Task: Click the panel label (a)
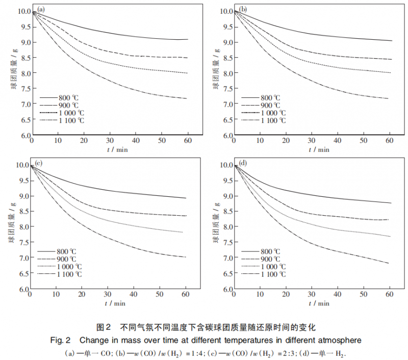tap(40, 10)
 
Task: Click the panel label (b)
tap(243, 10)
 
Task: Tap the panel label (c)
tap(38, 163)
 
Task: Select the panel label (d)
tap(243, 163)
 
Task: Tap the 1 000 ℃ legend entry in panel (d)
tap(273, 267)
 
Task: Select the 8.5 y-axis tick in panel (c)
tap(22, 212)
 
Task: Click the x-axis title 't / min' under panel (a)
tap(117, 149)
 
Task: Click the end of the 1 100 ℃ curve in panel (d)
tap(389, 263)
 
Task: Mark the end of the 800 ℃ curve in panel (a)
tap(188, 39)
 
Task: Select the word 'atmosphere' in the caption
tap(341, 340)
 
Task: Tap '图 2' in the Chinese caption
tap(104, 327)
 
